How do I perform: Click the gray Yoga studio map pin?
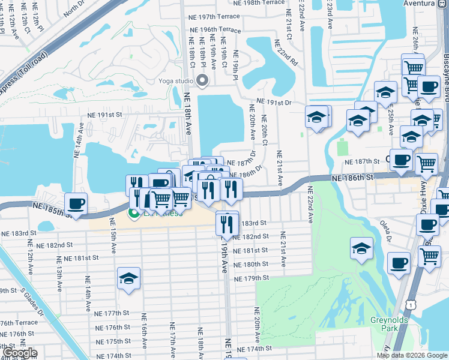[202, 80]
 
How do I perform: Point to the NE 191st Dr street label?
[274, 103]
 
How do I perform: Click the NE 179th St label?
[252, 278]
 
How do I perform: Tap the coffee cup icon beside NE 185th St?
[76, 202]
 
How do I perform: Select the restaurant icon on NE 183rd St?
[226, 224]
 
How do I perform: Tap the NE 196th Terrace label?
[214, 29]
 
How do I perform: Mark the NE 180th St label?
[252, 264]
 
